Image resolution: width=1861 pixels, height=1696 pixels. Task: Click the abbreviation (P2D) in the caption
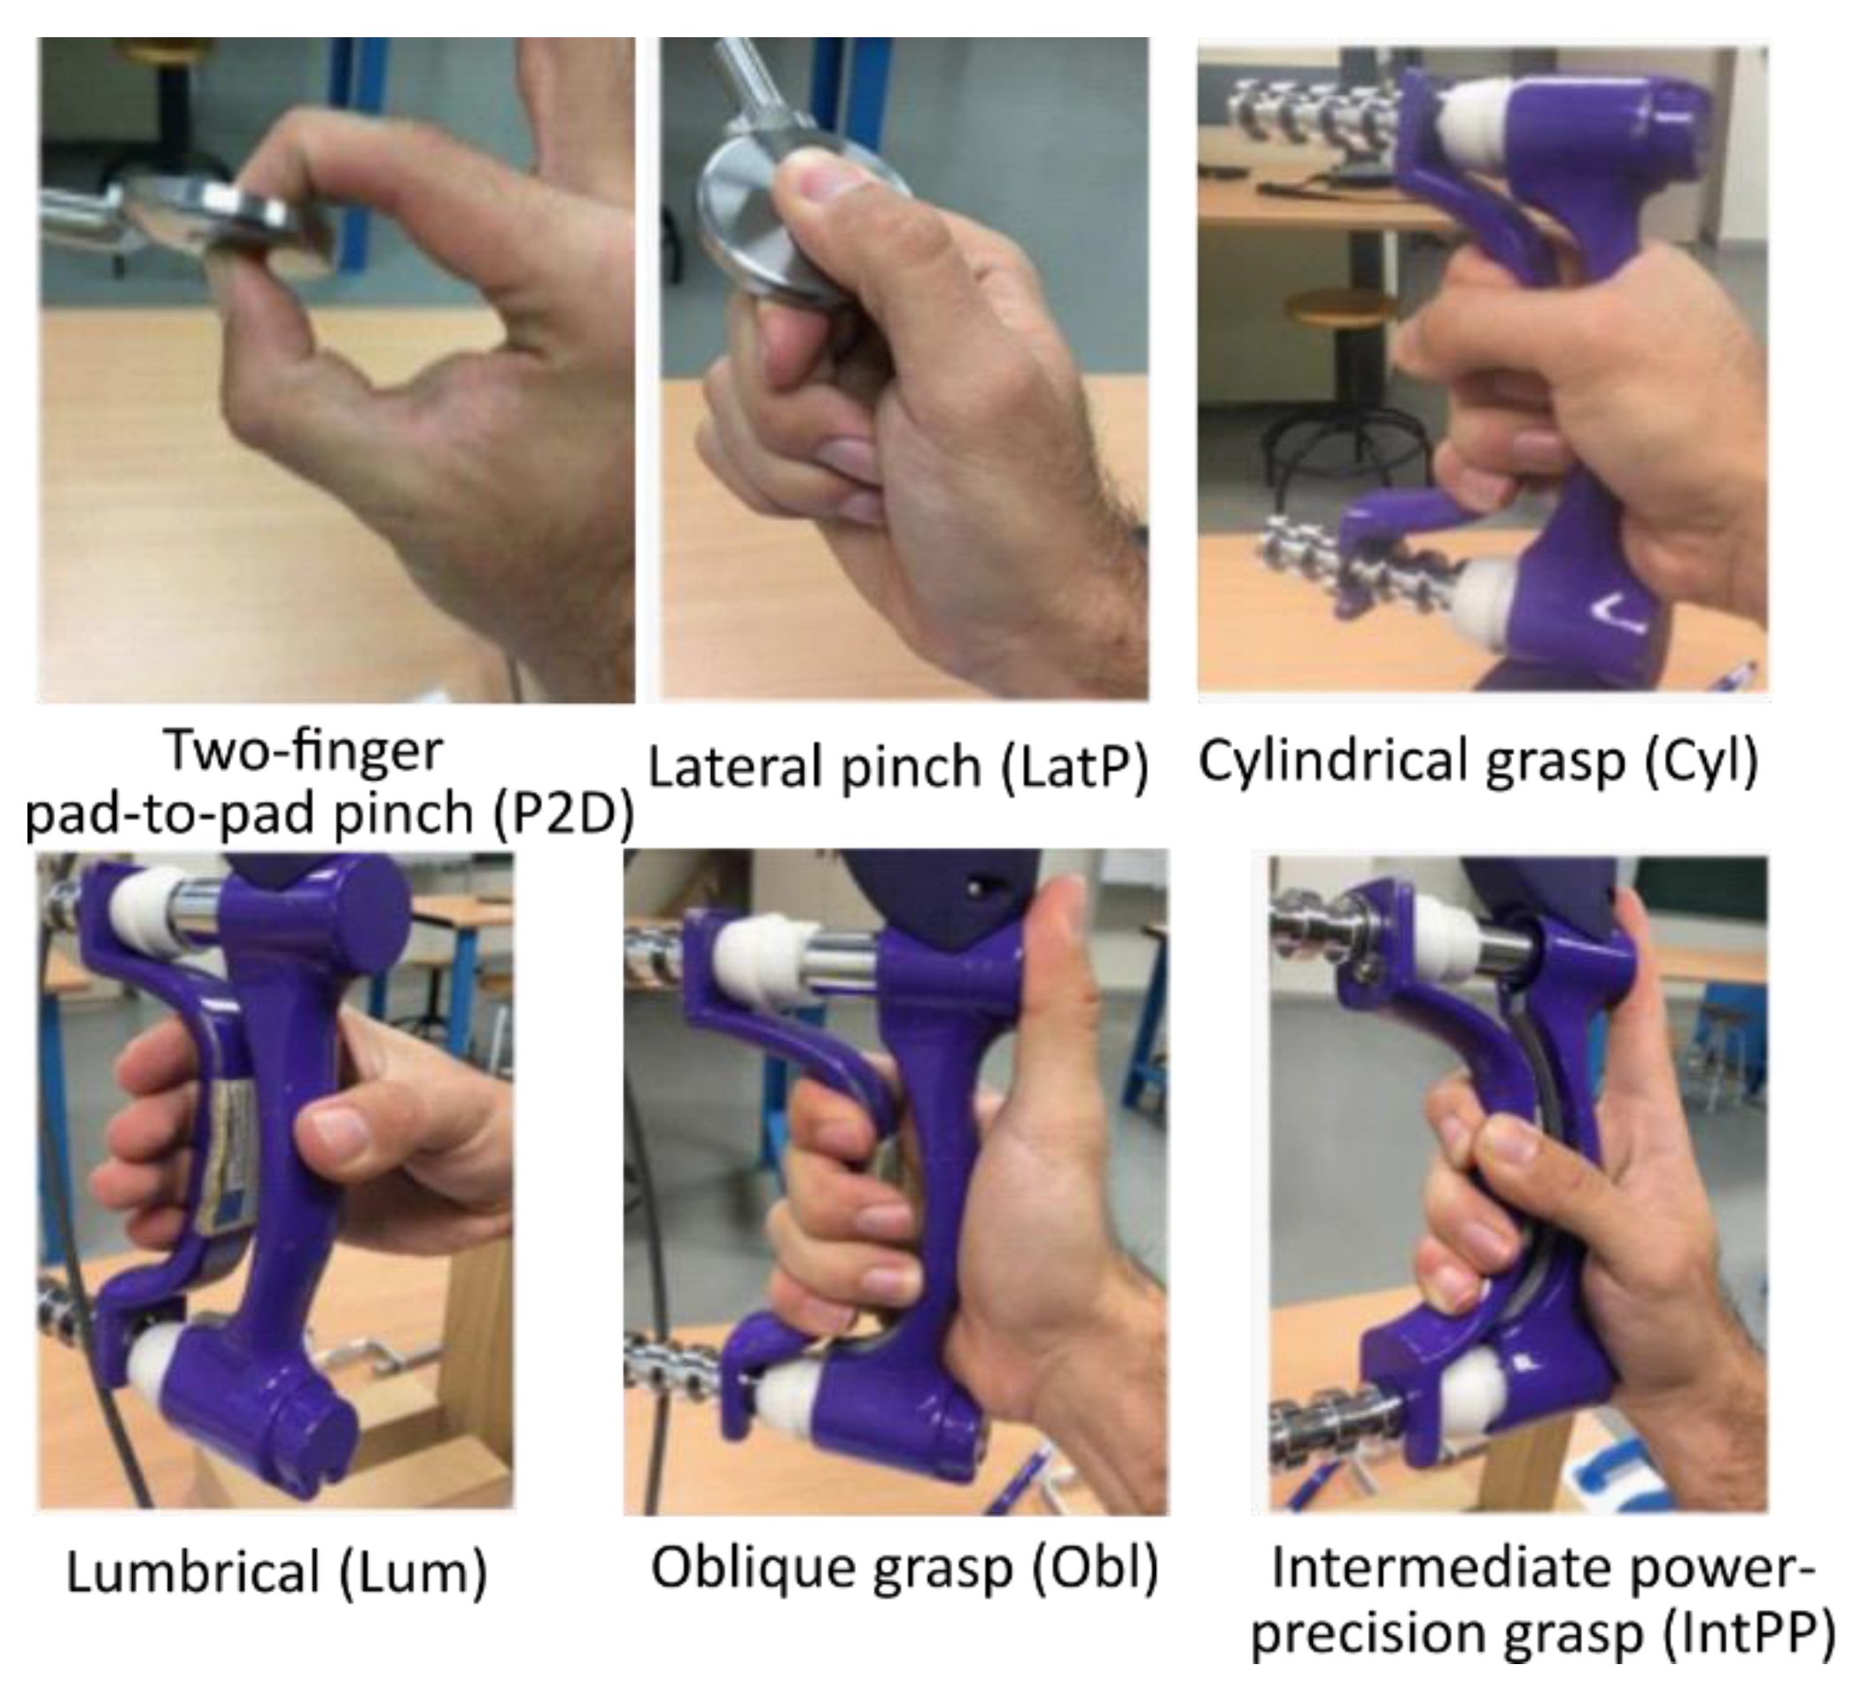[x=563, y=814]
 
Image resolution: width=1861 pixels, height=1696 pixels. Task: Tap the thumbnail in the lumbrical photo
[x=337, y=1127]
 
